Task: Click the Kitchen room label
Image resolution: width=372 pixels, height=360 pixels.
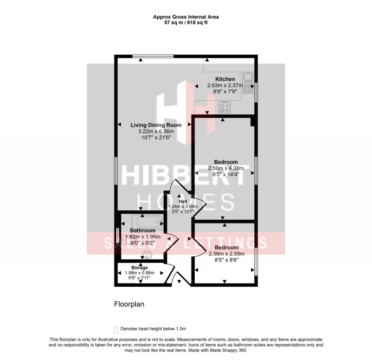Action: pyautogui.click(x=225, y=79)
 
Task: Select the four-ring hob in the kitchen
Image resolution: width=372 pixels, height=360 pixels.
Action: pyautogui.click(x=225, y=107)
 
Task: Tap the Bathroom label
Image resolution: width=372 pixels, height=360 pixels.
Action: pyautogui.click(x=142, y=231)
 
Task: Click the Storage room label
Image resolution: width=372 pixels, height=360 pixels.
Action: pyautogui.click(x=139, y=268)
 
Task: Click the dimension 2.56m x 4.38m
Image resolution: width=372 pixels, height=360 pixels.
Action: pyautogui.click(x=226, y=168)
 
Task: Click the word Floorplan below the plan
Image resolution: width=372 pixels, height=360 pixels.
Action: pyautogui.click(x=130, y=305)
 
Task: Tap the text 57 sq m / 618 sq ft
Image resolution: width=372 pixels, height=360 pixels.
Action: pyautogui.click(x=186, y=22)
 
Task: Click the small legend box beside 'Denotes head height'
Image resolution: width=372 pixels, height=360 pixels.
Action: pyautogui.click(x=116, y=328)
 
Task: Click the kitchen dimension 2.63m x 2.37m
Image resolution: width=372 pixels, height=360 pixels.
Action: pyautogui.click(x=225, y=85)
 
